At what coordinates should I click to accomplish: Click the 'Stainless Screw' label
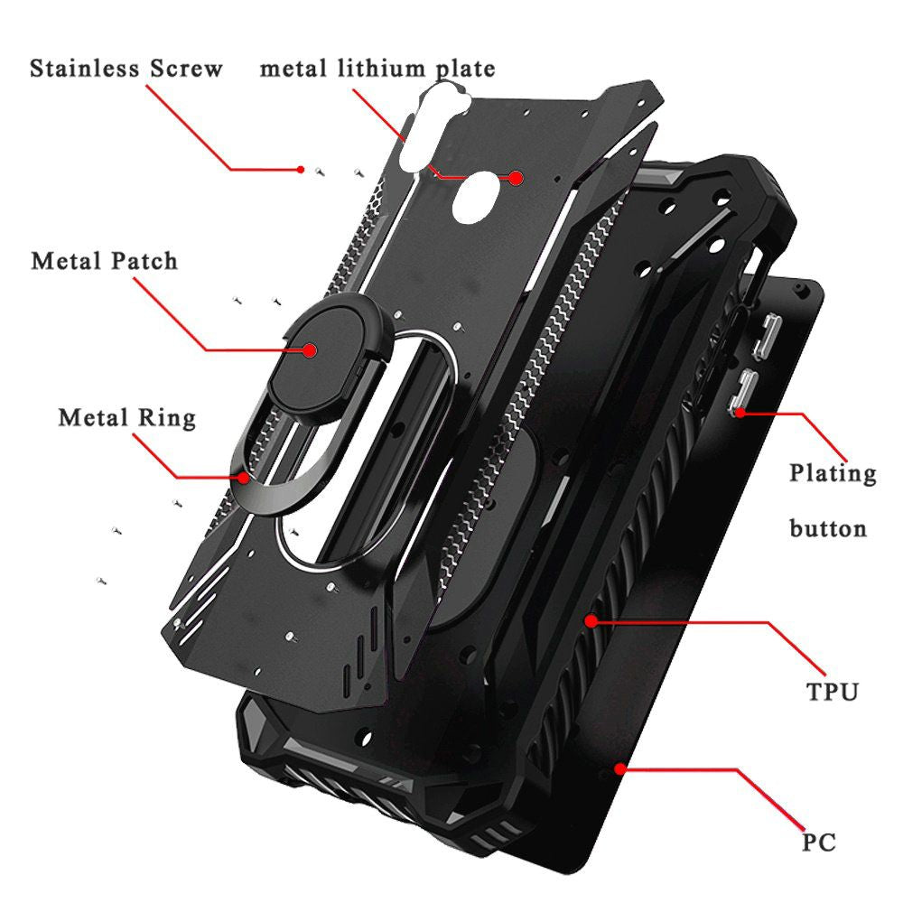click(x=126, y=69)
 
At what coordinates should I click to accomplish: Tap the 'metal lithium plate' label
click(x=377, y=69)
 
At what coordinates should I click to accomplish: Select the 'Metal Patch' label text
click(x=104, y=261)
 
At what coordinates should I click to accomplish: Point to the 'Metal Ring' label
click(x=126, y=418)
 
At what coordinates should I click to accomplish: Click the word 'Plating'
click(x=833, y=474)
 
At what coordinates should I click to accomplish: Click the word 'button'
click(x=828, y=528)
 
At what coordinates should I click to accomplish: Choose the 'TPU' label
click(x=833, y=692)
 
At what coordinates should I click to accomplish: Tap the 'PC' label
click(x=819, y=842)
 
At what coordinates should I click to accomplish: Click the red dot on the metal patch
click(x=311, y=350)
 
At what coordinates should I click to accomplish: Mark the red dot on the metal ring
click(x=245, y=478)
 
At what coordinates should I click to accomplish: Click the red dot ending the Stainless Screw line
click(x=301, y=170)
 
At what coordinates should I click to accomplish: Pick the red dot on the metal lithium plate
click(x=516, y=178)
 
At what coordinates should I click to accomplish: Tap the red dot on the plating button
click(x=740, y=413)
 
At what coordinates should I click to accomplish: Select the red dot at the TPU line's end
click(x=591, y=621)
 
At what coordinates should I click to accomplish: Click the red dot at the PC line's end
click(x=619, y=768)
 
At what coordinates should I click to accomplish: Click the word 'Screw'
click(x=187, y=69)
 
